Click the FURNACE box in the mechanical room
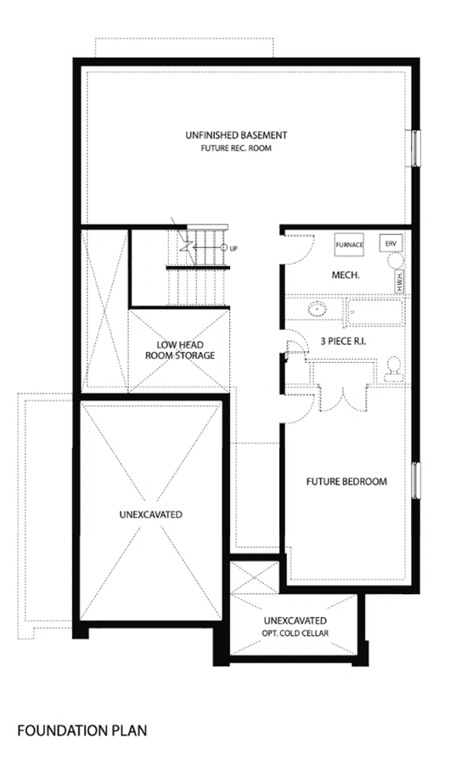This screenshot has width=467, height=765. coord(349,245)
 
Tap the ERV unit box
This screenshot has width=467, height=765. coord(391,243)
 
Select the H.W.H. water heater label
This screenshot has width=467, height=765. coord(399,281)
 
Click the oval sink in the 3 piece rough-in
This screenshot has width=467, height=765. coord(317,309)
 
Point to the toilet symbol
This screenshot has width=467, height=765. coord(393,369)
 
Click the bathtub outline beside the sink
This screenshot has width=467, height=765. coord(374,313)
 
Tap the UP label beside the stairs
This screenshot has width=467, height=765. coord(233,249)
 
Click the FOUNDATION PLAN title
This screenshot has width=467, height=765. coord(82,730)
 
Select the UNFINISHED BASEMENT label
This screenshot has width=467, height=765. coord(236,135)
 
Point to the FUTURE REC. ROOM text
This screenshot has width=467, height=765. coord(236,148)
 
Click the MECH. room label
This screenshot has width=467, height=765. coord(346,275)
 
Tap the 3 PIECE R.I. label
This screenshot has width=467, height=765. coord(343,342)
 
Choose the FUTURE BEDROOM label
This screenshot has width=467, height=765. coord(346,482)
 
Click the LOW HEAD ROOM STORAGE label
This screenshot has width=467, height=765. coord(180,350)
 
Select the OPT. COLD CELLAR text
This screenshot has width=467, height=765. coord(295,633)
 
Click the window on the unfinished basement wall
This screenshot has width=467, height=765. coord(415,148)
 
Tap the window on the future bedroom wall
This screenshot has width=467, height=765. coord(416,480)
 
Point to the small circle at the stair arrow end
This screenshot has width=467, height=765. coord(224,248)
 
